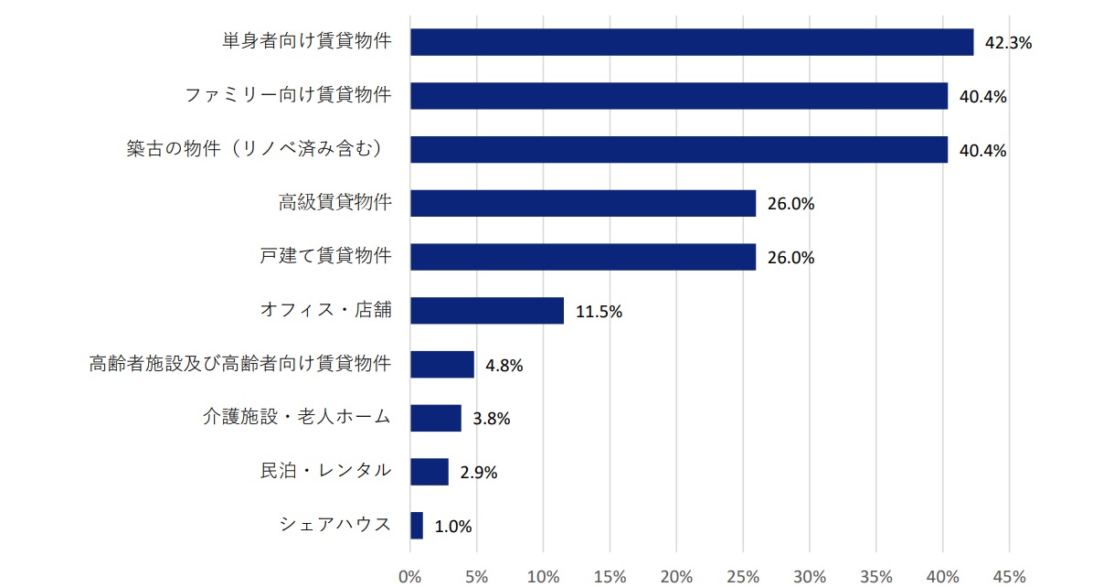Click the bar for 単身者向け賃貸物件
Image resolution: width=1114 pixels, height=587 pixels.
(692, 42)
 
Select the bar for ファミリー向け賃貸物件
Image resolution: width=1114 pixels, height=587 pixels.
(679, 96)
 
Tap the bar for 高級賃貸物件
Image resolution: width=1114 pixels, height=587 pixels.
(583, 203)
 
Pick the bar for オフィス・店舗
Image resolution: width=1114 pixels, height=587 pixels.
(487, 311)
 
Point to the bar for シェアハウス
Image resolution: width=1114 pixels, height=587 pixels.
(417, 526)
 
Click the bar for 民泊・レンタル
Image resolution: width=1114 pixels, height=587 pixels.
(430, 472)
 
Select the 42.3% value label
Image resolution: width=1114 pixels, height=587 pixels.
(1008, 43)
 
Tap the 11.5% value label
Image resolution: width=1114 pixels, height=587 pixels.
(599, 312)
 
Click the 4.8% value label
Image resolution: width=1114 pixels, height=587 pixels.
(504, 366)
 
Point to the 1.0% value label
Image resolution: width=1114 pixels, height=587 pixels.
(453, 527)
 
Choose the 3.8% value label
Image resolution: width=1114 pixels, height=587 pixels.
(492, 419)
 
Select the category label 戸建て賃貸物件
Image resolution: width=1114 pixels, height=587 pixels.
(325, 256)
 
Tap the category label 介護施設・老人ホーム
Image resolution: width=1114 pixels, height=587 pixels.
(297, 418)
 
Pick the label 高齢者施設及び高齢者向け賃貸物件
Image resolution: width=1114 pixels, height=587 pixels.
(240, 364)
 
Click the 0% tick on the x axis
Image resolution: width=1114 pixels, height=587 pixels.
(410, 576)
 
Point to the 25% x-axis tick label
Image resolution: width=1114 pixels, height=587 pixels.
(743, 576)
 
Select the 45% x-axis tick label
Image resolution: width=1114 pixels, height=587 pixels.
(1009, 576)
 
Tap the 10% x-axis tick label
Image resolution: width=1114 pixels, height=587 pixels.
(543, 576)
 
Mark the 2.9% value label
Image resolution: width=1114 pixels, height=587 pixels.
(479, 473)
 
